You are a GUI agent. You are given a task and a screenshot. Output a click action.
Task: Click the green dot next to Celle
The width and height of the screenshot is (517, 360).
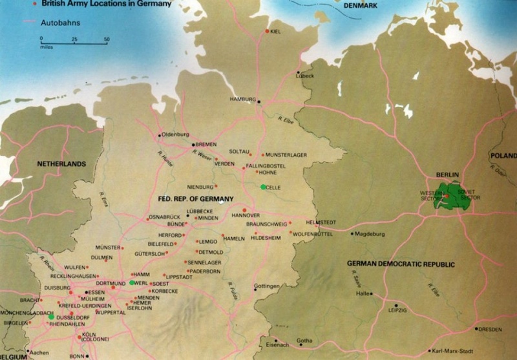click(262, 187)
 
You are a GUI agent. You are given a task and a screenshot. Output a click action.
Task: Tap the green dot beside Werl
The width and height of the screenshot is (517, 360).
click(132, 283)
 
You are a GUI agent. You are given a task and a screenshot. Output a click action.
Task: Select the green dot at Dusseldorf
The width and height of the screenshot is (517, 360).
click(51, 317)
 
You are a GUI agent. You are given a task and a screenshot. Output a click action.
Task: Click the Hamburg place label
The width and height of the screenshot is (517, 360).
click(242, 99)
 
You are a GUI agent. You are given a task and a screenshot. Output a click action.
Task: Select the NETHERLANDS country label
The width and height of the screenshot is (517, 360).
click(61, 164)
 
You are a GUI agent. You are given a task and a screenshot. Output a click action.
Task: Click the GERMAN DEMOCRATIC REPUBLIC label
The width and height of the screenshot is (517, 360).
click(401, 264)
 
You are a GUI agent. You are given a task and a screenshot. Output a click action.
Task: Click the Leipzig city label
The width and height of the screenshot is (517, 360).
click(397, 310)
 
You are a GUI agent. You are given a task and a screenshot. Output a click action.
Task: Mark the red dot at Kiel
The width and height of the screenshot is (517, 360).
click(267, 30)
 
